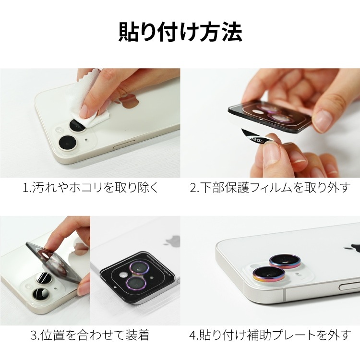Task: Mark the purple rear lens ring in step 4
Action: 285,261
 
